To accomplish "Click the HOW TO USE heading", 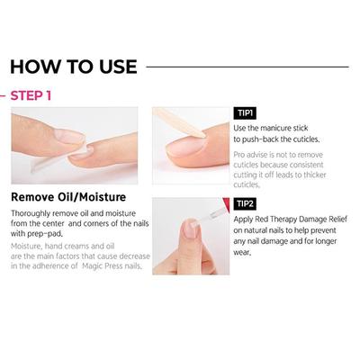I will (x=74, y=66).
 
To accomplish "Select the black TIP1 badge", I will (x=245, y=112).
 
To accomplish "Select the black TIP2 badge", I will (x=245, y=204).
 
